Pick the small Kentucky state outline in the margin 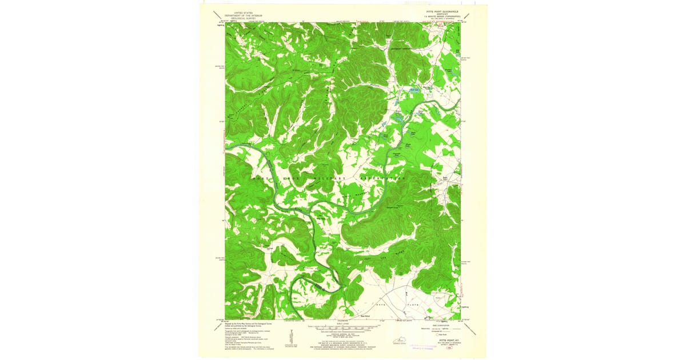pyautogui.click(x=398, y=341)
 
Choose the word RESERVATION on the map pyautogui.click(x=382, y=178)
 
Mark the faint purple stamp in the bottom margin pyautogui.click(x=424, y=345)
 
